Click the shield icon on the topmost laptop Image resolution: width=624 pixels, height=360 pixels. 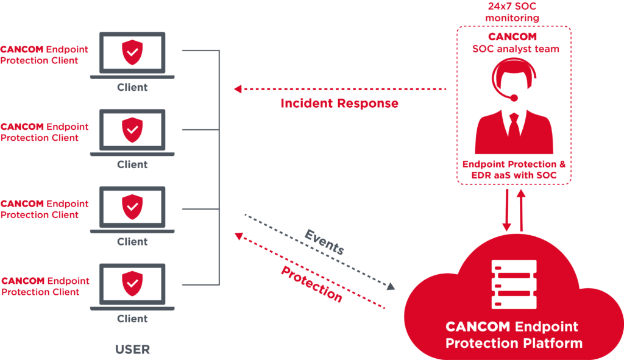(132, 52)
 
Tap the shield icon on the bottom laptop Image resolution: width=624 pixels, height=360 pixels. (132, 284)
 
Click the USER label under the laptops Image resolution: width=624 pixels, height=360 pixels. (132, 350)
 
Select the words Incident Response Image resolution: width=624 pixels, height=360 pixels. (339, 104)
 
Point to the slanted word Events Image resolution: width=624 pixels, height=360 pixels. (325, 242)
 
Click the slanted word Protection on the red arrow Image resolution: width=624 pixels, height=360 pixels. (311, 284)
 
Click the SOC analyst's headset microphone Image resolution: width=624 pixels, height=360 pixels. (514, 97)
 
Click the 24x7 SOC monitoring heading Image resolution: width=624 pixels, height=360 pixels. (512, 12)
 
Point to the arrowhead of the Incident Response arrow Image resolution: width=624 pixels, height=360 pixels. (238, 89)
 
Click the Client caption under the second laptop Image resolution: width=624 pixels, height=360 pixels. (132, 164)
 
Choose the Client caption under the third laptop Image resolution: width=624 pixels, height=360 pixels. (132, 242)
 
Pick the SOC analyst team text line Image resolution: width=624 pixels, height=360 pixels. (515, 49)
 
